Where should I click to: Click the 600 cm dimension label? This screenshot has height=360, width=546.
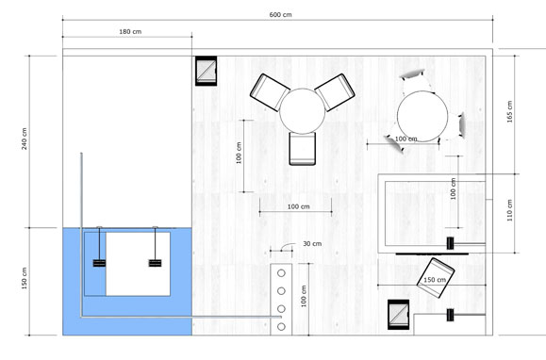280,15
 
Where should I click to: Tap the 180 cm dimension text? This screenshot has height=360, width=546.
130,32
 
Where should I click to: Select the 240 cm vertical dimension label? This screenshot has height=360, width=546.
24,139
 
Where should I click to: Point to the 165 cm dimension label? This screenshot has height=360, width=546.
509,111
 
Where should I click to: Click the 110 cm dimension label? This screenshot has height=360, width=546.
509,210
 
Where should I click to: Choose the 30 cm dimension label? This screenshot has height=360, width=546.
312,244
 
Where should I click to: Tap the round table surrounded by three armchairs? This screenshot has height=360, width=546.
303,111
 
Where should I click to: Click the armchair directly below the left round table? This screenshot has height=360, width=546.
303,149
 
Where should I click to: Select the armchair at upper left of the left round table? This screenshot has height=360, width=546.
270,92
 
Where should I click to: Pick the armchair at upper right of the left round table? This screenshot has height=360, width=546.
335,92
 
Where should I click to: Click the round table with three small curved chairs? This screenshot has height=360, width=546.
422,116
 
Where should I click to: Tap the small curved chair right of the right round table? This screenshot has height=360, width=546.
462,125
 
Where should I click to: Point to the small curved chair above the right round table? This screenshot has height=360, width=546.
413,74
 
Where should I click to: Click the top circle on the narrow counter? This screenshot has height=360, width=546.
281,273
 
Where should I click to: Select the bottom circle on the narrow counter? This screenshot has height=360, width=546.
281,327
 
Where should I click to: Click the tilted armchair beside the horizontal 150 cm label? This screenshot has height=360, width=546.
436,278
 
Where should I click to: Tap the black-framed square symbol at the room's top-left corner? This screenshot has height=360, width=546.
207,71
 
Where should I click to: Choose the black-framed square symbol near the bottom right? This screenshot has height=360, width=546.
399,315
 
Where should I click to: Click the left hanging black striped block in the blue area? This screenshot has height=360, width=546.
99,263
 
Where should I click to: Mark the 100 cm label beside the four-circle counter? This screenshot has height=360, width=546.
304,296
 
